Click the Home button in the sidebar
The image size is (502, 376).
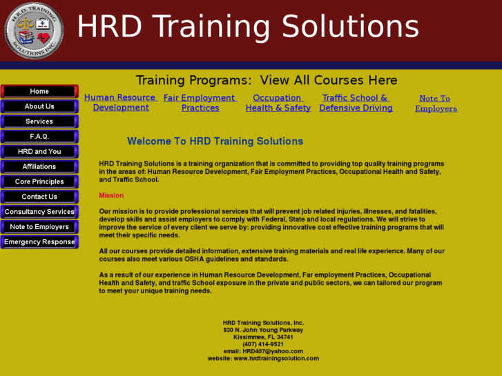click(39, 91)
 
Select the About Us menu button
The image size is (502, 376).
click(39, 106)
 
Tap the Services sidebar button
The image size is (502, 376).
click(39, 121)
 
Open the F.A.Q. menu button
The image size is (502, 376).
click(39, 137)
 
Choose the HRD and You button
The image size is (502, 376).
click(39, 152)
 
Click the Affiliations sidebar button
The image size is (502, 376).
click(39, 166)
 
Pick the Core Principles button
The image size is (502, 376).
click(39, 181)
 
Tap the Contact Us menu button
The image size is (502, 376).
click(39, 197)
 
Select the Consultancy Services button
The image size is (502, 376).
click(39, 212)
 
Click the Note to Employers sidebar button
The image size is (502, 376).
click(39, 227)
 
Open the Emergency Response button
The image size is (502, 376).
click(39, 242)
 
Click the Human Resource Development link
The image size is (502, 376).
click(121, 103)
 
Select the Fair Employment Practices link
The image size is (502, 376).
click(200, 103)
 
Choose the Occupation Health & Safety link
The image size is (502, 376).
click(278, 103)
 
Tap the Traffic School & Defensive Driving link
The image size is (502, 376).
click(356, 103)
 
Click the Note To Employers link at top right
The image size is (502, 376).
click(436, 103)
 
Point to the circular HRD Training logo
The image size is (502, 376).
click(34, 30)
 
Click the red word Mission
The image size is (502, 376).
click(111, 195)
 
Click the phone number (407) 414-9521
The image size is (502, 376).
click(263, 344)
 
